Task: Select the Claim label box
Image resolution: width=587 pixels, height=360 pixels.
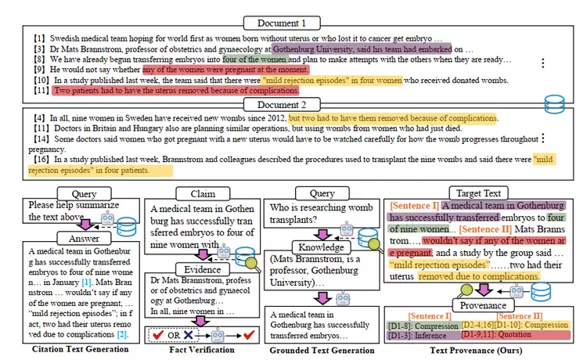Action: tap(192, 193)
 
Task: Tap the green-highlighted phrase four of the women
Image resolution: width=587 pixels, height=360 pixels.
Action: tap(254, 59)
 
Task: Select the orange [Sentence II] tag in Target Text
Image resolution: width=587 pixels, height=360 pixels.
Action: tap(488, 229)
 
